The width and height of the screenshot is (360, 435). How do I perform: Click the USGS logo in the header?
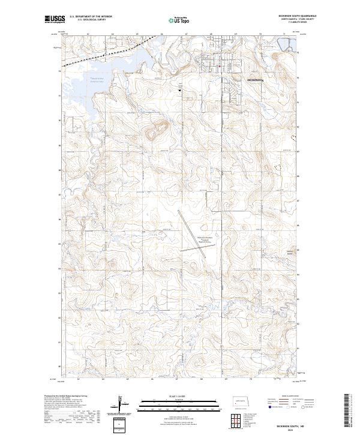click(55, 20)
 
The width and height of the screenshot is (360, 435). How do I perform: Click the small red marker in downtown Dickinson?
click(220, 65)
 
